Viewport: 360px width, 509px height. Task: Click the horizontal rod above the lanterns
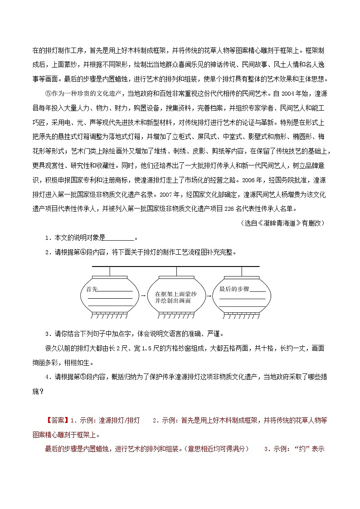(175, 267)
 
